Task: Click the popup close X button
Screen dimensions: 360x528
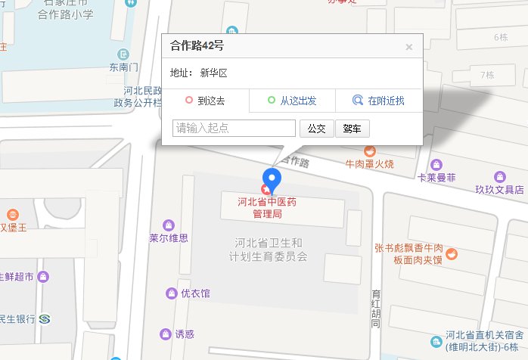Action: pyautogui.click(x=408, y=47)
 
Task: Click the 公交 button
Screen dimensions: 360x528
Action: pyautogui.click(x=316, y=129)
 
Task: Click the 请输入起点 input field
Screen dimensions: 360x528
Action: pyautogui.click(x=234, y=129)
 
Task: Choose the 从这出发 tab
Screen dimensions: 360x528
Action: pyautogui.click(x=292, y=100)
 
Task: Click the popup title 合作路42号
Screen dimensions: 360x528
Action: pyautogui.click(x=197, y=46)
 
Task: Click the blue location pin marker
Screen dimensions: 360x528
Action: pyautogui.click(x=275, y=179)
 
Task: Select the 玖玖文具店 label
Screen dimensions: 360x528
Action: pyautogui.click(x=499, y=189)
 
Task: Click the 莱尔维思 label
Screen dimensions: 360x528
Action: pyautogui.click(x=168, y=237)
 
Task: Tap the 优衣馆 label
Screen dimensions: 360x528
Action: pyautogui.click(x=195, y=293)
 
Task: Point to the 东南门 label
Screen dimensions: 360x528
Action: pyautogui.click(x=123, y=67)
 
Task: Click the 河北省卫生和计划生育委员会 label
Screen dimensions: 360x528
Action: pyautogui.click(x=270, y=250)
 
